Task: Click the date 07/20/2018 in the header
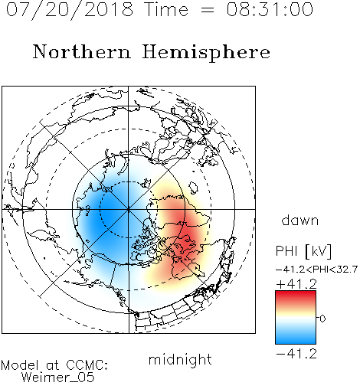point(70,10)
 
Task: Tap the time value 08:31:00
point(270,9)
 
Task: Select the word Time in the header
point(166,9)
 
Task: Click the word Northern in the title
point(81,51)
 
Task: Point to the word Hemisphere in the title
point(206,53)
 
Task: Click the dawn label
point(300,220)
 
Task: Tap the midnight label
point(180,359)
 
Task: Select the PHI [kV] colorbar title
point(303,251)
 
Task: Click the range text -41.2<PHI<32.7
point(316,270)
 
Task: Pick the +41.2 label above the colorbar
point(296,284)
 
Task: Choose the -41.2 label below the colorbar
point(296,354)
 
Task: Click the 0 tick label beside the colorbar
point(322,319)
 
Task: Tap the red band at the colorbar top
point(296,296)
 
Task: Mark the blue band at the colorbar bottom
point(296,338)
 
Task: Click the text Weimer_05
point(58,378)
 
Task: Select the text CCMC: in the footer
point(87,365)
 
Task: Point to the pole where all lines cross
point(129,209)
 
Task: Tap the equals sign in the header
point(208,10)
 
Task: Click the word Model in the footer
point(20,365)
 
